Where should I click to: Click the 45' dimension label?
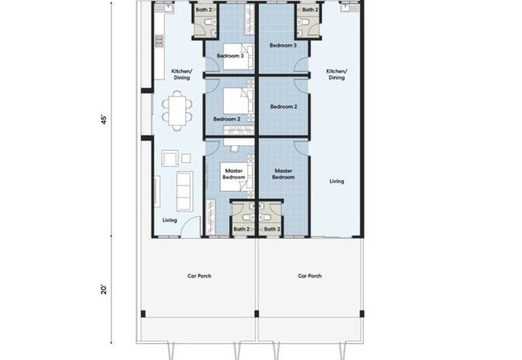[x=104, y=120]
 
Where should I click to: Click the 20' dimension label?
[x=104, y=290]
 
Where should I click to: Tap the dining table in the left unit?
[x=177, y=110]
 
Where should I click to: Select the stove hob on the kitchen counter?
[x=159, y=41]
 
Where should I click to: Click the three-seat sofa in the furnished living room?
[x=185, y=191]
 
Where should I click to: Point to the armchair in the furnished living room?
[x=170, y=158]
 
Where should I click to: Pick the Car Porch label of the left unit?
[x=199, y=276]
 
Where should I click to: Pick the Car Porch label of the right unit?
[x=309, y=276]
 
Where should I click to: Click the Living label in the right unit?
[x=337, y=181]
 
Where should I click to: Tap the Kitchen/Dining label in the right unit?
[x=337, y=74]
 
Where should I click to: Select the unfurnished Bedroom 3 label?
[x=283, y=45]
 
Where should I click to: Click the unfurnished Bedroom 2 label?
[x=284, y=107]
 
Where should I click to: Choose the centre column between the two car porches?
[x=256, y=314]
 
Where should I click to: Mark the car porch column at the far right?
[x=362, y=314]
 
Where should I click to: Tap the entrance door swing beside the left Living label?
[x=191, y=226]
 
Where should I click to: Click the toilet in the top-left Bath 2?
[x=209, y=22]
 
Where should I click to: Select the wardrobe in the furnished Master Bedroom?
[x=210, y=217]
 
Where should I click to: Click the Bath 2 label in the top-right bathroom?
[x=310, y=10]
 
